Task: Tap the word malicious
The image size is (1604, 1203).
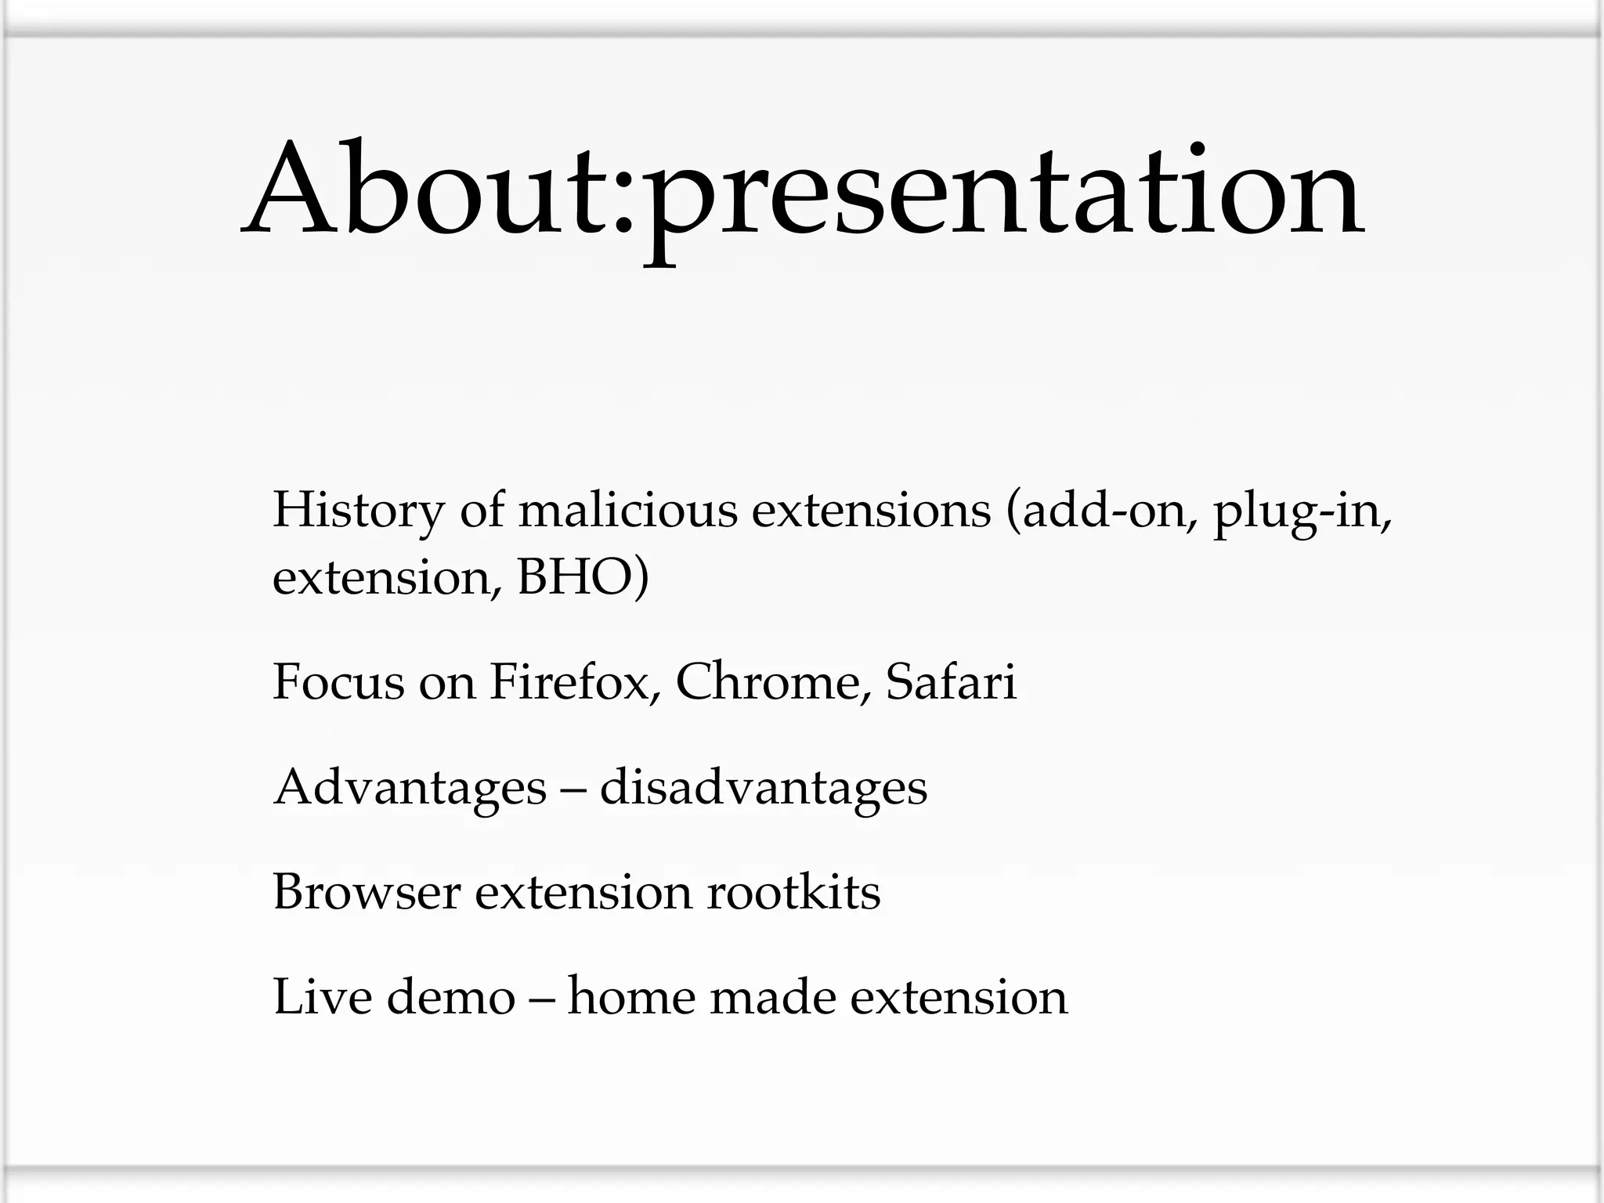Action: (x=627, y=510)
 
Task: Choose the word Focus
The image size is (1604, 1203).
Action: (x=339, y=681)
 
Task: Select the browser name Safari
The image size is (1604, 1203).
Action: (x=950, y=681)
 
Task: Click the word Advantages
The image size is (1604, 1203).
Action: (x=410, y=788)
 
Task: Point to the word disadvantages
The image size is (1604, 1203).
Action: (x=763, y=788)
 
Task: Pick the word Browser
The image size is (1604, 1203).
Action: (x=366, y=892)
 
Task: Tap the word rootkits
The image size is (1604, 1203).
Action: (x=793, y=892)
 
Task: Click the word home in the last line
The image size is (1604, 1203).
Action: (x=631, y=997)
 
